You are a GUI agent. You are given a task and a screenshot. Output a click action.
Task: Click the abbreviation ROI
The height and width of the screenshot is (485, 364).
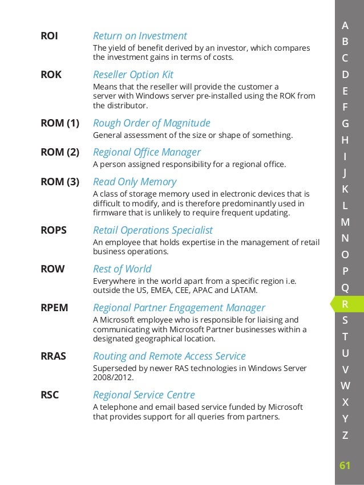[49, 36]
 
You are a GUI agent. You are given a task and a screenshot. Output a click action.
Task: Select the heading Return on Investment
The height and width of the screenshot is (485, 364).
[140, 36]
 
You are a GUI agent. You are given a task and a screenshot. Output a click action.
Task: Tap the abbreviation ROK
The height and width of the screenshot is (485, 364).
[51, 75]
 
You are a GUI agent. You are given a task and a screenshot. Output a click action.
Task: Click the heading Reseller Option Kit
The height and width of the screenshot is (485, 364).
[133, 75]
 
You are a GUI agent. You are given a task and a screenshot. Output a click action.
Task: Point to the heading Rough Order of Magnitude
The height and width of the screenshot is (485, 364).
[151, 123]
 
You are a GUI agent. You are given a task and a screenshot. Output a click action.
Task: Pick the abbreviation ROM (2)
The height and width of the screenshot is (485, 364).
[59, 152]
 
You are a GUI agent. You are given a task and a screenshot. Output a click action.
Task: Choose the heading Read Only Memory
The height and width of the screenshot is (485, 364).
[135, 182]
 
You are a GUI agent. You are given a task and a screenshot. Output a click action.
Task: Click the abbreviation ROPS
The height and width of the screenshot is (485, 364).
[54, 230]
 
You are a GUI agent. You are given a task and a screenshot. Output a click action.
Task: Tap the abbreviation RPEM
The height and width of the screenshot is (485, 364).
[54, 308]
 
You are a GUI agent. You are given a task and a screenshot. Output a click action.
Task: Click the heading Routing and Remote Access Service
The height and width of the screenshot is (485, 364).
[169, 356]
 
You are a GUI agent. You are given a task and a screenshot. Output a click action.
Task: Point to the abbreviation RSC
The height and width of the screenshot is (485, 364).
[50, 395]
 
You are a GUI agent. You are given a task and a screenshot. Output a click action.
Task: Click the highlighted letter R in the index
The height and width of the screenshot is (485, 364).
[345, 304]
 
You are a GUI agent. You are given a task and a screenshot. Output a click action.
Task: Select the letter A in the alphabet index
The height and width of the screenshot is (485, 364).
[345, 25]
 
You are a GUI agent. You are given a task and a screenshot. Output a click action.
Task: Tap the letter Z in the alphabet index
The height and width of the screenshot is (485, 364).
[345, 435]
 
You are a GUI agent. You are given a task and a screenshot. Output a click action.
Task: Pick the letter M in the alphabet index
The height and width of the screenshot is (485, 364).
[345, 222]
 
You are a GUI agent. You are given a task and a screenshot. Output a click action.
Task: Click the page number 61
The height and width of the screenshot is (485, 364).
[345, 466]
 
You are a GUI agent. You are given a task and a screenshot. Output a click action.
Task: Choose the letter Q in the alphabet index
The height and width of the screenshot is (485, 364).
[345, 287]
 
